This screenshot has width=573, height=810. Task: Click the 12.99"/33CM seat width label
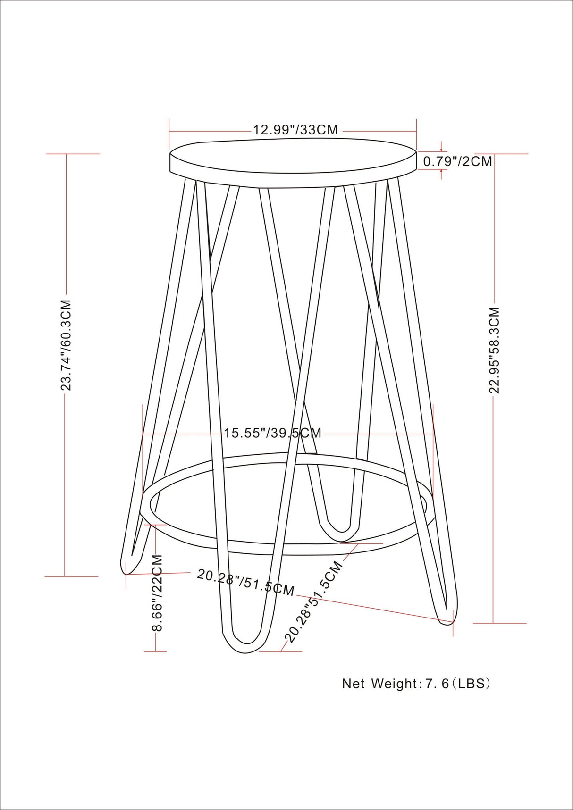[x=295, y=130]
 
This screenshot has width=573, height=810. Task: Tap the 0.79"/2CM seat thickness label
[x=457, y=161]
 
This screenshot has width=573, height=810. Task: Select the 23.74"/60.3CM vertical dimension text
[x=67, y=344]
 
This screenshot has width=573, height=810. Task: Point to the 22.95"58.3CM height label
[x=494, y=350]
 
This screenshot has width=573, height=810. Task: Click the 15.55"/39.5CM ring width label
[x=272, y=433]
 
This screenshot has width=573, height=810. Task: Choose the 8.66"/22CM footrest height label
[x=157, y=593]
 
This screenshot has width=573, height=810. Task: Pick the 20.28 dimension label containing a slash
[x=245, y=582]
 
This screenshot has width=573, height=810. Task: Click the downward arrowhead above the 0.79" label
[x=441, y=150]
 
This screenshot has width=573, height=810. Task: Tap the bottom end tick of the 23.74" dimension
[x=67, y=576]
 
